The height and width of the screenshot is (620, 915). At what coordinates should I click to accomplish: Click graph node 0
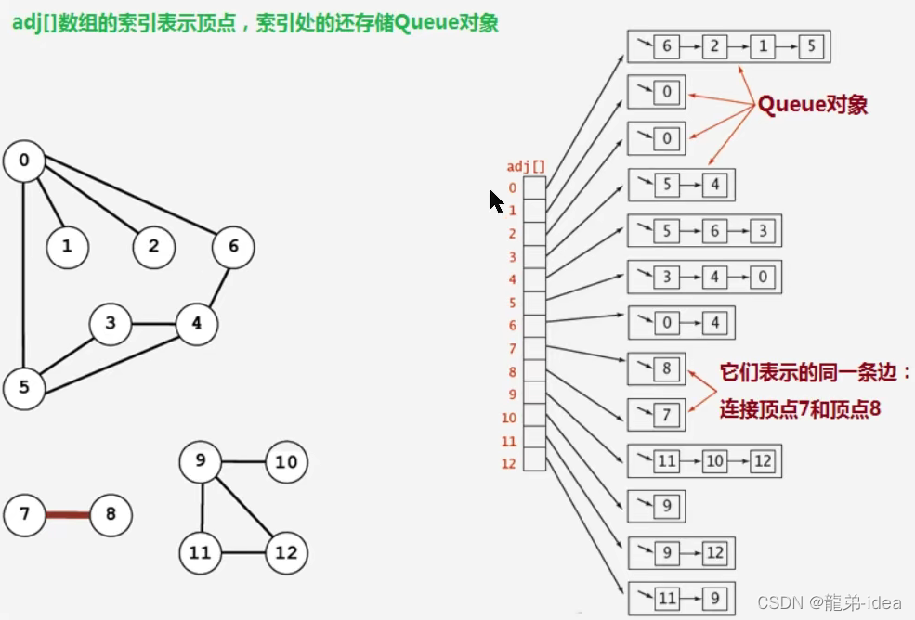click(24, 161)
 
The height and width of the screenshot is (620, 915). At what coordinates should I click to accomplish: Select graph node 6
click(233, 247)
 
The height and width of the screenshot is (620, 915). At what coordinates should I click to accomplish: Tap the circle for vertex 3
click(111, 324)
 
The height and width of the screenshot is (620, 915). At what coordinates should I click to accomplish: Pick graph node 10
click(286, 462)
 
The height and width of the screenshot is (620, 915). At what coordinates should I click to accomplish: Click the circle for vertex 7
click(24, 514)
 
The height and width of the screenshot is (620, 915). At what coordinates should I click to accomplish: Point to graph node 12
click(286, 553)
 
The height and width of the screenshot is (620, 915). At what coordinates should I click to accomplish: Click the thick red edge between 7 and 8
click(67, 514)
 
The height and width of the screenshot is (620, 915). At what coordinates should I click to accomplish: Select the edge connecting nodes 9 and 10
click(244, 462)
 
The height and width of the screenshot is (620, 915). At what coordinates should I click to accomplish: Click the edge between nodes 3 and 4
click(153, 325)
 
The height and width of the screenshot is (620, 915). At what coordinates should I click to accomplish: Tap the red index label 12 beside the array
click(508, 463)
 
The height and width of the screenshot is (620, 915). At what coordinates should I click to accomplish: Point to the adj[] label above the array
click(526, 167)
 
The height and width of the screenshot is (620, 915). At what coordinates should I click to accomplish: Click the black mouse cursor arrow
click(496, 200)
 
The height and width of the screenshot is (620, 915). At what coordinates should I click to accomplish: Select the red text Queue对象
click(812, 104)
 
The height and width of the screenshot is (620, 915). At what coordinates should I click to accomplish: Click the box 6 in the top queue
click(666, 46)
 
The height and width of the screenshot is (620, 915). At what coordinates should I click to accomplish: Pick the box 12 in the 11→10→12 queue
click(763, 460)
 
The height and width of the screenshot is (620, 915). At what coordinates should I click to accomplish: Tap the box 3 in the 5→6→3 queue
click(763, 230)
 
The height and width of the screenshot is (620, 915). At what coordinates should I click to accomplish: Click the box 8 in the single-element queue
click(666, 368)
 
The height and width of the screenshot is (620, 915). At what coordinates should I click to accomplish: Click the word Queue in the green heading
click(424, 22)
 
